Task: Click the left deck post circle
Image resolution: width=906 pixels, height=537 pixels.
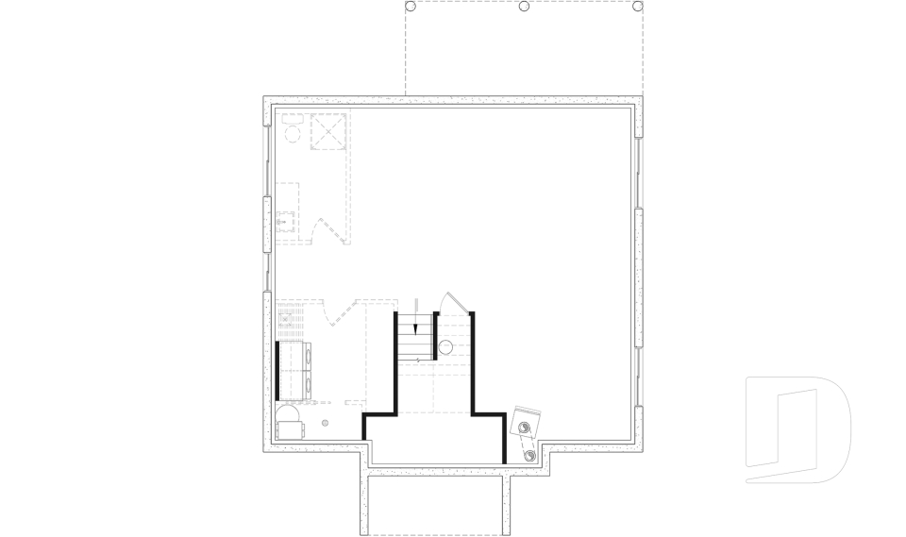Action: point(410,7)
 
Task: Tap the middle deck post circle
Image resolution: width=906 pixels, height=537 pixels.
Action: point(524,7)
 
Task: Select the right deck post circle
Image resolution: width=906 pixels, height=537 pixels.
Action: point(639,7)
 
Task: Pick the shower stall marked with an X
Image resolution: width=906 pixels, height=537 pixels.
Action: point(330,131)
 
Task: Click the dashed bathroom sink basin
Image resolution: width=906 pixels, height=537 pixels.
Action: point(286,224)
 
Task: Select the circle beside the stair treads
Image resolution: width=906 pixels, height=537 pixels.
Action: point(446,347)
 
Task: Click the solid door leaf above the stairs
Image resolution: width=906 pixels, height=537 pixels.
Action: point(453,302)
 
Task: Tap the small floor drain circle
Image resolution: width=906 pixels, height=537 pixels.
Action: point(326,423)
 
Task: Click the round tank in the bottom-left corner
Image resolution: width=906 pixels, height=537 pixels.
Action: point(289,418)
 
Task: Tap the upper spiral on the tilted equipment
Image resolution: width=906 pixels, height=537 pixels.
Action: point(522,428)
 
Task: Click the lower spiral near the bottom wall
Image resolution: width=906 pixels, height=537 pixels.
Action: point(529,456)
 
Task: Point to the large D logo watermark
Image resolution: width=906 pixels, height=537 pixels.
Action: point(797,429)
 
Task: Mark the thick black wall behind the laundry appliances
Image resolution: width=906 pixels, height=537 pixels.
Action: point(278,370)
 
